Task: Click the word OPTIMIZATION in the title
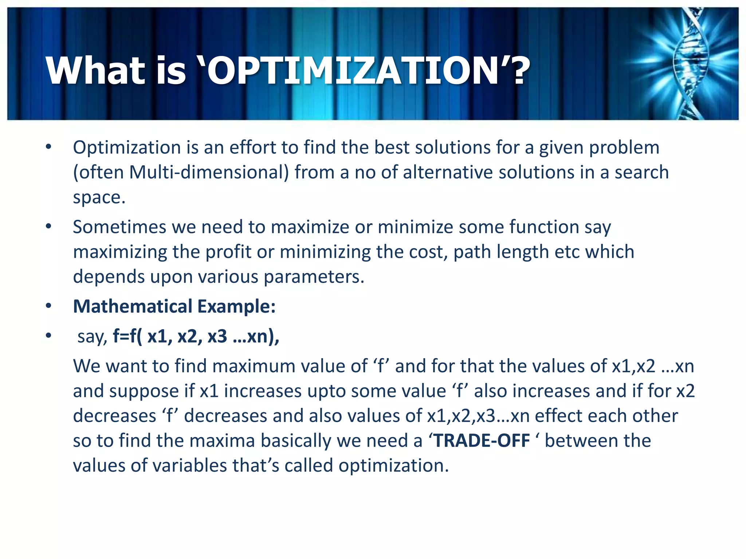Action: coord(352,71)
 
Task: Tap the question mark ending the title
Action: coord(516,71)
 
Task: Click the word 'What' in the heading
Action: coord(95,71)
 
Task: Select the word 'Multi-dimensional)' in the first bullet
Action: coord(209,173)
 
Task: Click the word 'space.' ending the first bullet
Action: coord(99,198)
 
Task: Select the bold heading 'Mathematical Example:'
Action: coord(174,306)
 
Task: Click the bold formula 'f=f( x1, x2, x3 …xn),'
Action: coord(196,336)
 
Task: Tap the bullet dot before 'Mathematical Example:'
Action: coord(48,306)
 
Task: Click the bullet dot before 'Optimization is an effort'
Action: coord(48,147)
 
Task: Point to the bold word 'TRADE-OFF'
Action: coord(482,441)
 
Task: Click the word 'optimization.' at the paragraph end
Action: coord(394,466)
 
